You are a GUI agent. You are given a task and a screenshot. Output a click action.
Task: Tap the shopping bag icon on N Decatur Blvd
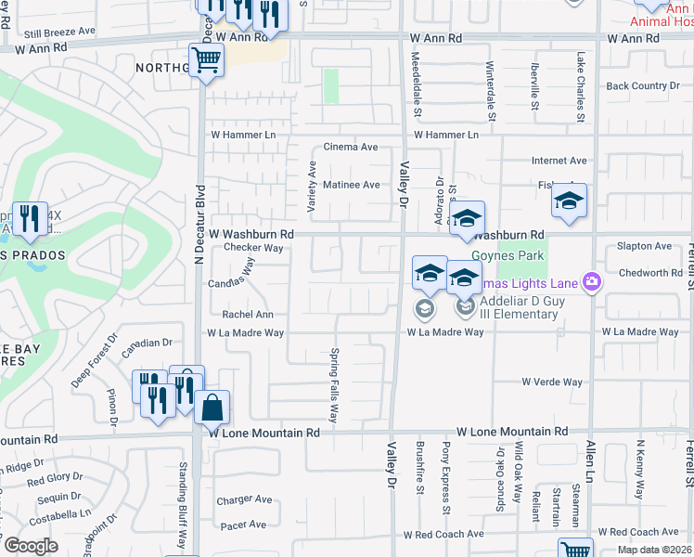tap(212, 406)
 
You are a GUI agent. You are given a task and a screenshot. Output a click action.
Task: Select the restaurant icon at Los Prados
tap(30, 219)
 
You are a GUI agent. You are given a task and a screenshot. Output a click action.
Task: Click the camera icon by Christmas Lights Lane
tap(591, 280)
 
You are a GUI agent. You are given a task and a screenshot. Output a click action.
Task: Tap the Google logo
tap(30, 546)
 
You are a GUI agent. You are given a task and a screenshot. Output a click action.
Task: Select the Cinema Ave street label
tap(350, 147)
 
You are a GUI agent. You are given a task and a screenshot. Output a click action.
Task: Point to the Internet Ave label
tap(559, 161)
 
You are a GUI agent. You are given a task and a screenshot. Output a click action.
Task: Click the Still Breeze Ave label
tap(59, 31)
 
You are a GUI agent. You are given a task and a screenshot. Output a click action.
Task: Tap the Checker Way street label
tap(252, 248)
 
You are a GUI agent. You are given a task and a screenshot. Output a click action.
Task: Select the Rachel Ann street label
tap(247, 315)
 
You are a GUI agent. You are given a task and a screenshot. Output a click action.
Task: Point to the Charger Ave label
tap(244, 499)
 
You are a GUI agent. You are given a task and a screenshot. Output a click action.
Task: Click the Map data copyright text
tap(655, 550)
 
